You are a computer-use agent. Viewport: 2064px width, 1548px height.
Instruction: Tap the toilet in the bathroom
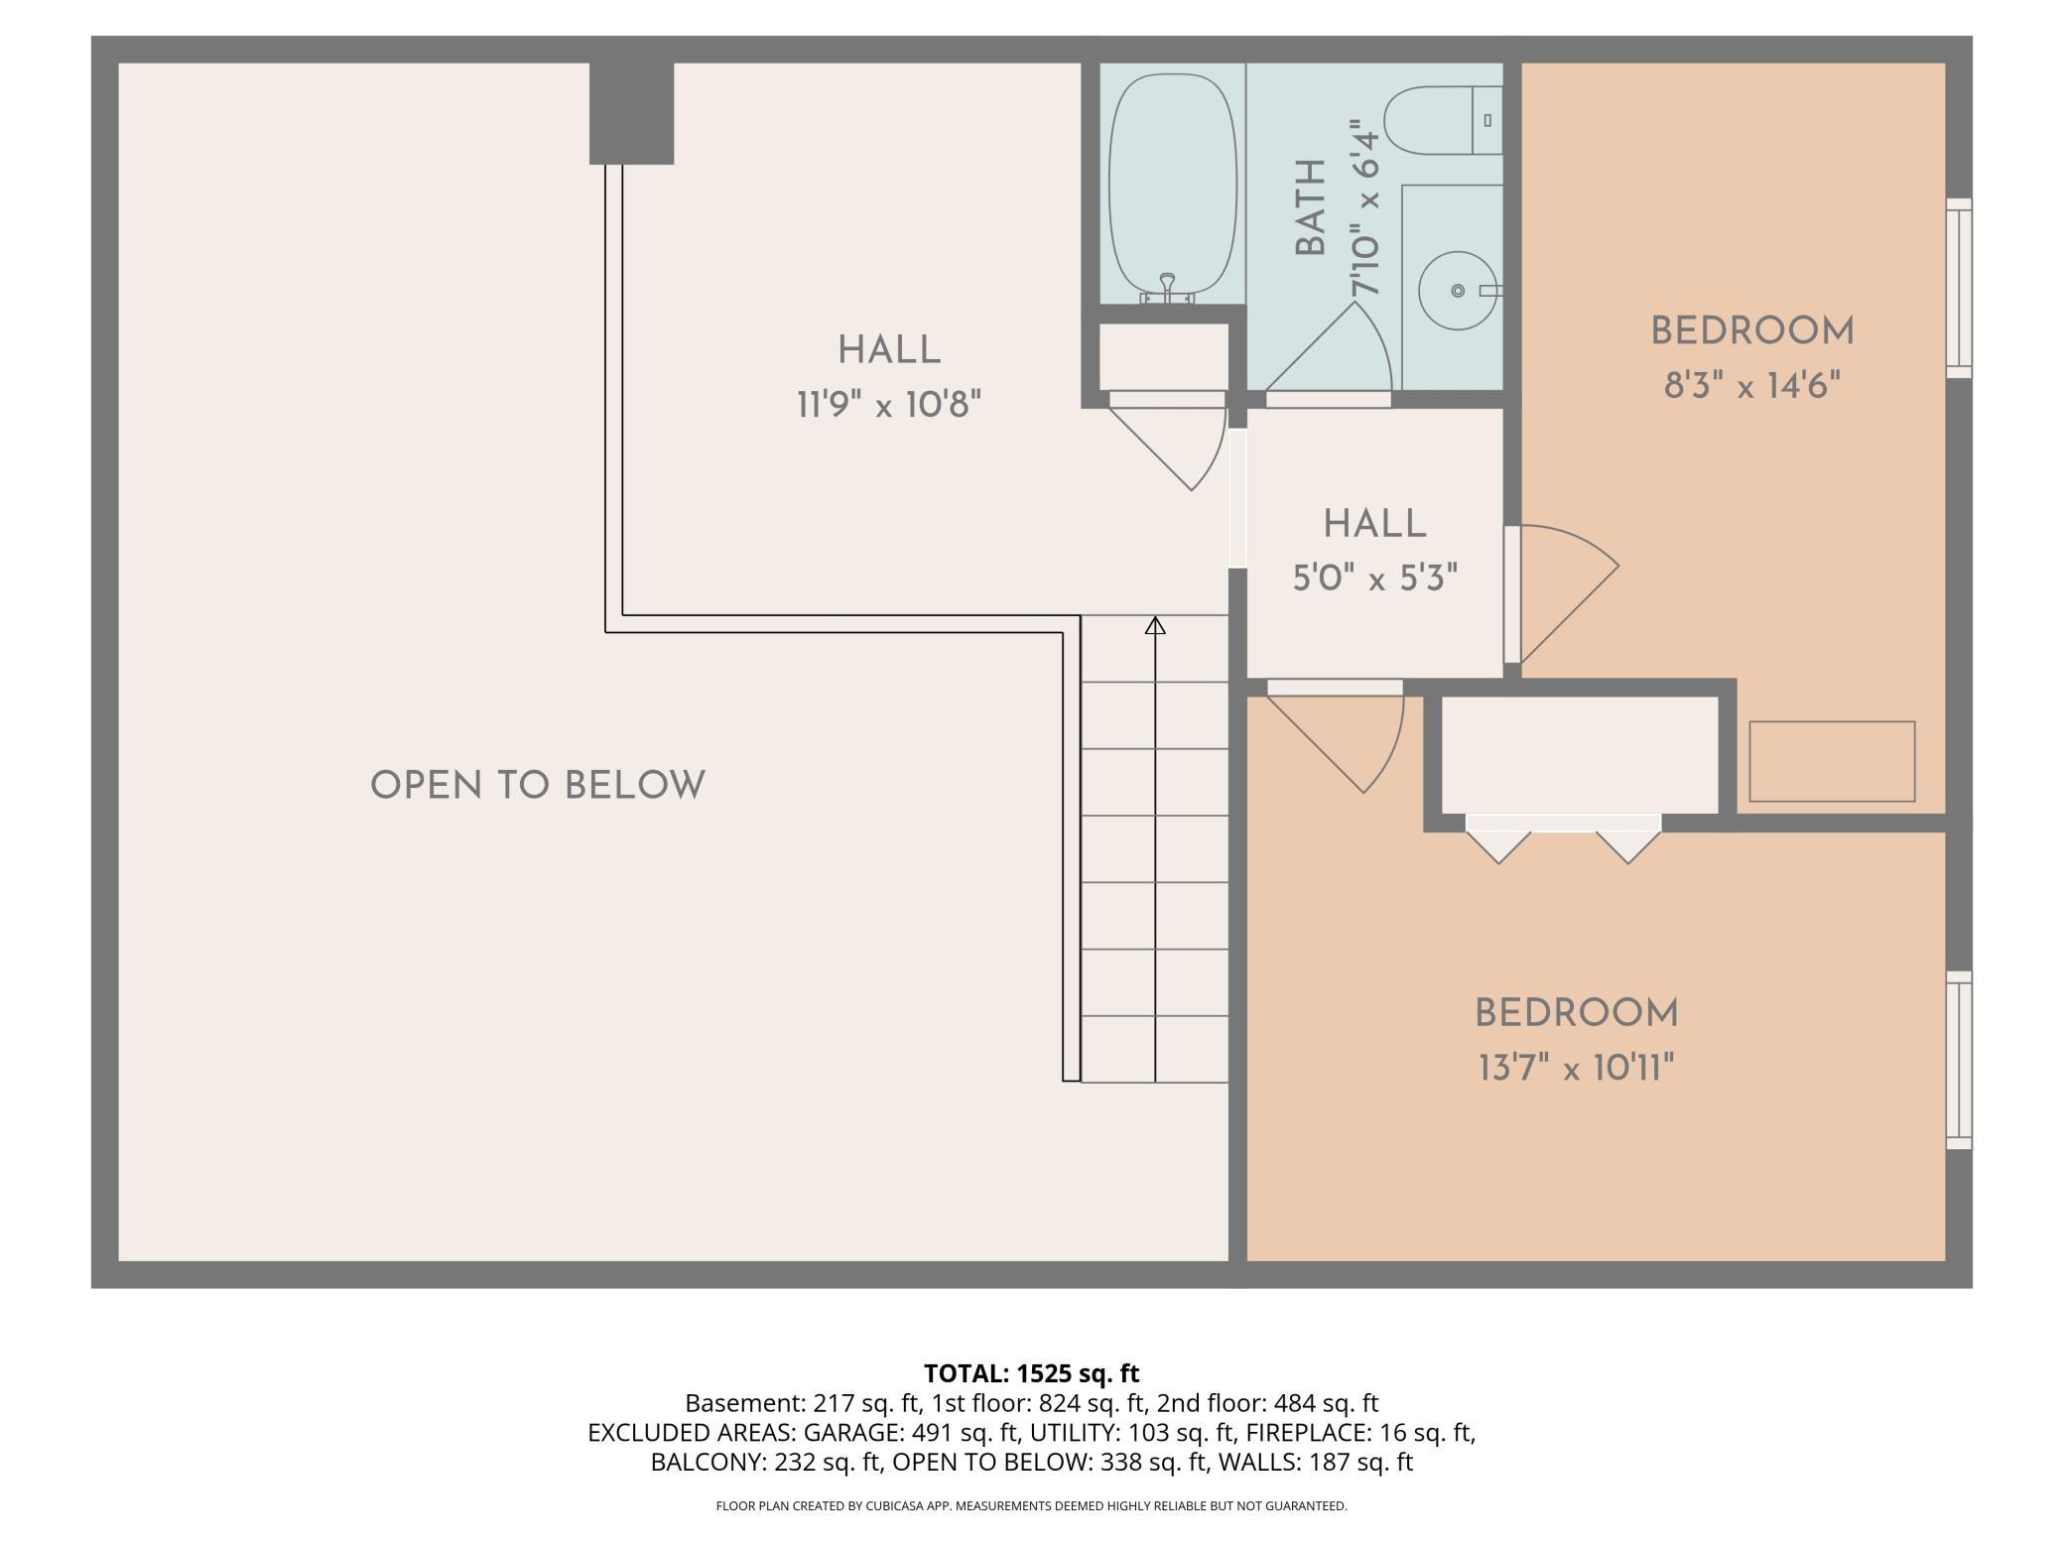pos(1443,120)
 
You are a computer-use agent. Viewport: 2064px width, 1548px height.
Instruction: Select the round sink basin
pos(1458,291)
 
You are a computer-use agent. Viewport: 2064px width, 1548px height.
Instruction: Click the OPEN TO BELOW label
pos(538,786)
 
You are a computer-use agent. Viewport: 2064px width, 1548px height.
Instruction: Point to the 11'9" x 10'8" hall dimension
pos(889,405)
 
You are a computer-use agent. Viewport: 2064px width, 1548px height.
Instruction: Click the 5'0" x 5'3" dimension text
pos(1374,578)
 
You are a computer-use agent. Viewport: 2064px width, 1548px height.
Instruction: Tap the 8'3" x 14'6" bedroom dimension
pos(1752,385)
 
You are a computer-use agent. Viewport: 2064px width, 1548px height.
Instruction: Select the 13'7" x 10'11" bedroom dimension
pos(1576,1069)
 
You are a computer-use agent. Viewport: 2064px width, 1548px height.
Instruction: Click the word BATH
pos(1311,207)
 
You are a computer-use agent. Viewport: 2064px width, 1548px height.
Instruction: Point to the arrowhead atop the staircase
pos(1155,625)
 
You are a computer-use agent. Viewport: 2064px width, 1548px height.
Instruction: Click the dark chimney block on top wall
pos(631,113)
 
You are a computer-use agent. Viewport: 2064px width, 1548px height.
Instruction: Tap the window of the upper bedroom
pos(1959,288)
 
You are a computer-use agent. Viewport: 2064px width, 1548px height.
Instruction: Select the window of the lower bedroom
pos(1959,1060)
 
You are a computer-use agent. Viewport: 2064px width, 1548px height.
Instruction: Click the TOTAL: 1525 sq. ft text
pos(1032,1373)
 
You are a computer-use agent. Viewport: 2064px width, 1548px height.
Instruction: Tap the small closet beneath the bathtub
pos(1163,356)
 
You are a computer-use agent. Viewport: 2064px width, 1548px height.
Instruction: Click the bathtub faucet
pos(1167,289)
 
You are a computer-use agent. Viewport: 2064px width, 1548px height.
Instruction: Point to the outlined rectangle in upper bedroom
pos(1832,761)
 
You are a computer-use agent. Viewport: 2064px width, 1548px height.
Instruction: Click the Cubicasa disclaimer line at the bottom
pos(1032,1506)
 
